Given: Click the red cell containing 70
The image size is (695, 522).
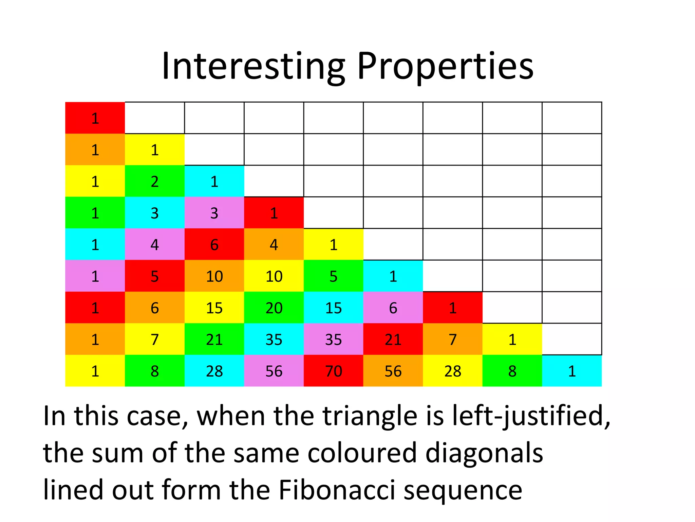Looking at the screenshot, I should pyautogui.click(x=333, y=371).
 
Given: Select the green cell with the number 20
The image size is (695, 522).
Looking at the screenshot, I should pyautogui.click(x=274, y=308).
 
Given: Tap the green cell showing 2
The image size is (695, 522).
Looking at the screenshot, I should pyautogui.click(x=154, y=181).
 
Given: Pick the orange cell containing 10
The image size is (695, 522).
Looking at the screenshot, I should pyautogui.click(x=214, y=276).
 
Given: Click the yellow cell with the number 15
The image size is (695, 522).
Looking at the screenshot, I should pyautogui.click(x=214, y=308).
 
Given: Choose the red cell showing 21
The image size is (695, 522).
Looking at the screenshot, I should pyautogui.click(x=393, y=339).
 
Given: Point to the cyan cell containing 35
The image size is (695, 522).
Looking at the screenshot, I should pyautogui.click(x=274, y=339).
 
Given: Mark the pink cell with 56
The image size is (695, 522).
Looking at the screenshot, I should pyautogui.click(x=274, y=371).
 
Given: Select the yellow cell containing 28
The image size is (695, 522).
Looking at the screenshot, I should pyautogui.click(x=453, y=371).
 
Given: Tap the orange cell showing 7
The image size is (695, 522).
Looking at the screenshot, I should pyautogui.click(x=453, y=339).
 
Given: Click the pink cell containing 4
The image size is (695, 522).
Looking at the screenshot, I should pyautogui.click(x=154, y=244).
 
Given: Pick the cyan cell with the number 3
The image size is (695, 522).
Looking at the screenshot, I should pyautogui.click(x=154, y=213).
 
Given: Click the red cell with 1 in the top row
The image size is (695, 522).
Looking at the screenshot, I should pyautogui.click(x=95, y=118).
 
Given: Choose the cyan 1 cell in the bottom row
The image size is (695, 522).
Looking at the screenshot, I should pyautogui.click(x=572, y=371).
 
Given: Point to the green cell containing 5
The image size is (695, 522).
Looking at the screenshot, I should pyautogui.click(x=333, y=276).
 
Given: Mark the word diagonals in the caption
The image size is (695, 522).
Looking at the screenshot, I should pyautogui.click(x=484, y=453).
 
